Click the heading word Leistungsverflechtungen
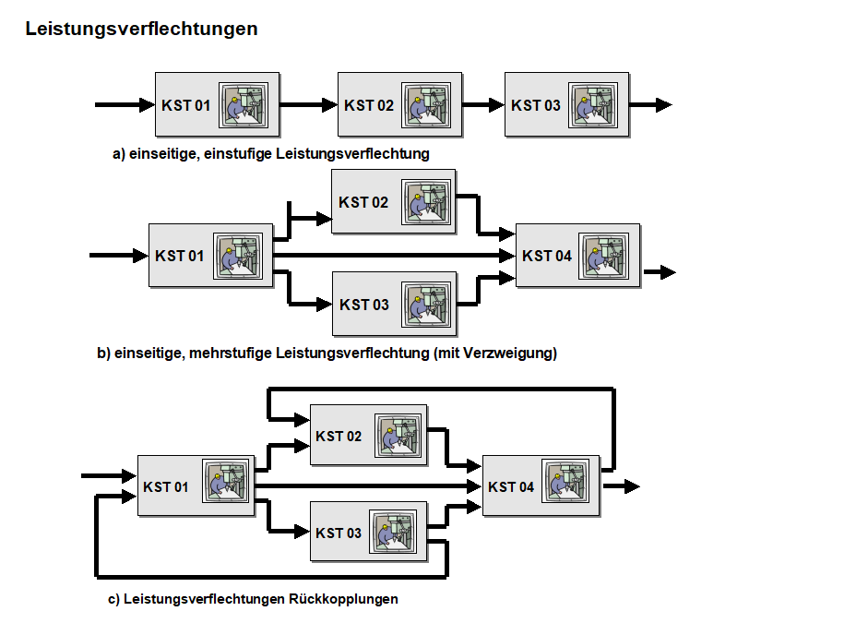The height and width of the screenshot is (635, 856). coord(141,30)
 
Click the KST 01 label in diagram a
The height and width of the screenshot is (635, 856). coord(185,105)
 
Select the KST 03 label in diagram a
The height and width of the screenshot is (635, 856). coord(535,105)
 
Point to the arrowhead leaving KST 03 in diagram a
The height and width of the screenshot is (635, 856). coord(663,105)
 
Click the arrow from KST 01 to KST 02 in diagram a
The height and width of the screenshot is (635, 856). coord(308,105)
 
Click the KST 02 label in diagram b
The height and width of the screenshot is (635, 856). coord(363,202)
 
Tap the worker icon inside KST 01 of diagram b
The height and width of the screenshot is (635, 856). coord(239,256)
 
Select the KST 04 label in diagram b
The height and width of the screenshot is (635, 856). coord(547,256)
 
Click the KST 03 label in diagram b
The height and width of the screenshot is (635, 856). coord(364,305)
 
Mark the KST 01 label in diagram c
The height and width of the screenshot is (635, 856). coord(166,486)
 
